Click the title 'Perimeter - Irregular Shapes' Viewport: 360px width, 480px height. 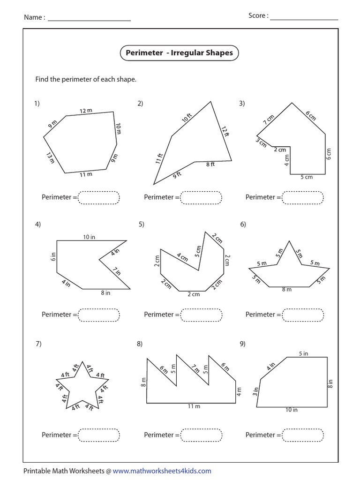pyautogui.click(x=179, y=53)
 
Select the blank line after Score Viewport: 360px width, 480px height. pyautogui.click(x=304, y=19)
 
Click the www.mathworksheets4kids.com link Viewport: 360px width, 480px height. pyautogui.click(x=162, y=471)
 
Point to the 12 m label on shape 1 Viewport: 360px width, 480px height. pyautogui.click(x=86, y=111)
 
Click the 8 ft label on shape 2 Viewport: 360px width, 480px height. pyautogui.click(x=210, y=165)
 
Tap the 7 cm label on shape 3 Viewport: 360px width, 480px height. pyautogui.click(x=268, y=119)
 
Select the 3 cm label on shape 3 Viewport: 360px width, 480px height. pyautogui.click(x=261, y=142)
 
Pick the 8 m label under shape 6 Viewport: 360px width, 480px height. pyautogui.click(x=286, y=290)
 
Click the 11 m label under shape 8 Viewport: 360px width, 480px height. pyautogui.click(x=194, y=406)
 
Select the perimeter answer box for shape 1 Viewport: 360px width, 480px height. pyautogui.click(x=99, y=197)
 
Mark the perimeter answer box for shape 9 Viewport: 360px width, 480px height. pyautogui.click(x=303, y=435)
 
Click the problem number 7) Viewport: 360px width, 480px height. pyautogui.click(x=38, y=344)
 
